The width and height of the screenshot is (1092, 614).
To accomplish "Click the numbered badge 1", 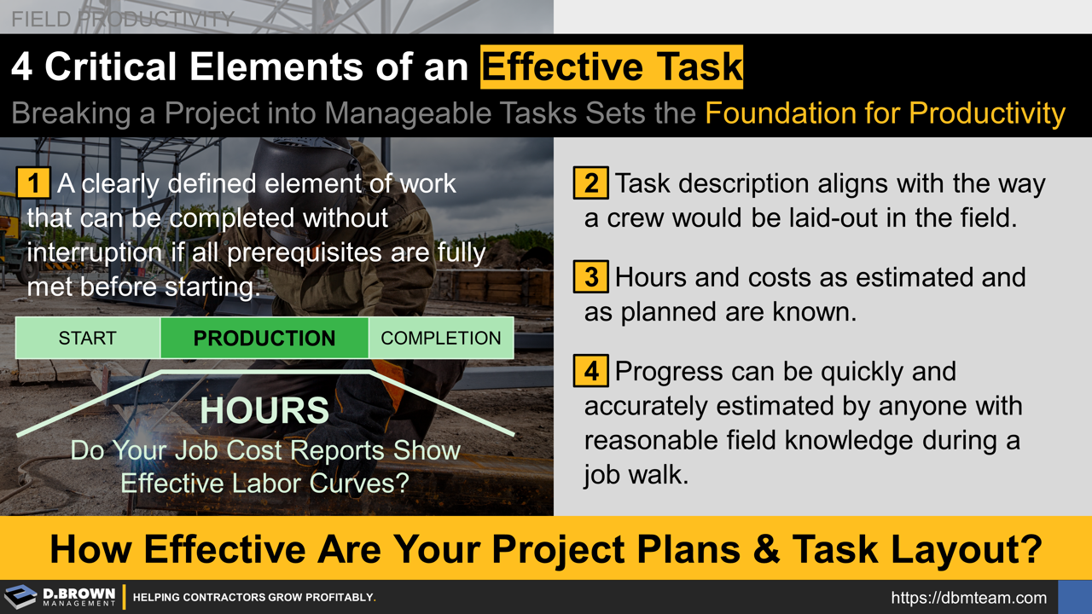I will [x=33, y=183].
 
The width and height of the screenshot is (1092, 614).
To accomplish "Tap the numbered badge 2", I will [x=590, y=184].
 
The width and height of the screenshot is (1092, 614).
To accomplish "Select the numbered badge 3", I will [x=590, y=277].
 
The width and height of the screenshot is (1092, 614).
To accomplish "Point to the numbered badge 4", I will [x=590, y=372].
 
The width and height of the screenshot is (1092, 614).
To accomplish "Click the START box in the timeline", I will [x=87, y=339].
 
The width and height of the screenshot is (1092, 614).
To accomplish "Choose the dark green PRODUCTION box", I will [x=264, y=339].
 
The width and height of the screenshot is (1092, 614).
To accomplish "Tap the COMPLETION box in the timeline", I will [x=440, y=339].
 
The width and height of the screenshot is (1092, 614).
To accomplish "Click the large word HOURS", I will [x=264, y=411].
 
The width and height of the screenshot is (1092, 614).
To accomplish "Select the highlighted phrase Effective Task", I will [x=612, y=67].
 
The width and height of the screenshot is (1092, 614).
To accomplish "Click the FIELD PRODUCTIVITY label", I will [x=123, y=18].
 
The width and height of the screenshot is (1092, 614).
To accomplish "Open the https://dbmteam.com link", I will [x=968, y=598].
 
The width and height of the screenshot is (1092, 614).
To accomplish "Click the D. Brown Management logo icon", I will [x=21, y=597].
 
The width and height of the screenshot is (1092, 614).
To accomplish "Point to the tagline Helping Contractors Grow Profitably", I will [x=254, y=598].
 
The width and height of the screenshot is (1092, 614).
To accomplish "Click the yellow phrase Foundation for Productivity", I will [x=885, y=113].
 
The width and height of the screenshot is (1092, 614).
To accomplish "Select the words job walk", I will [x=636, y=474].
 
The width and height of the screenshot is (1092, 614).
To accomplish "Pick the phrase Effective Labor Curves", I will [x=264, y=483].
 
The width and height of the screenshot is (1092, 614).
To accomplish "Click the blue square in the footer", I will [x=1074, y=597].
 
